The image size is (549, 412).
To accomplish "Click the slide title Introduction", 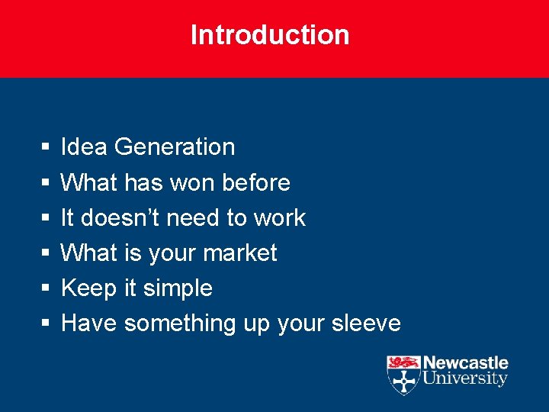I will coord(270,35).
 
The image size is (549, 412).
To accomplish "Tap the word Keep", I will coord(87,288).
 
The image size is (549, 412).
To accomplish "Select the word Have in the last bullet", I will coord(88,323).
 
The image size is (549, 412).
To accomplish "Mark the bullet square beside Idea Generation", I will coord(46,146).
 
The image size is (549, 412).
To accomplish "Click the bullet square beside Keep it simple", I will coord(46,288).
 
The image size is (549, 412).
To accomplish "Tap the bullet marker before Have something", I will coord(46,323).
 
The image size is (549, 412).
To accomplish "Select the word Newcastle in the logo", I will coord(465,363).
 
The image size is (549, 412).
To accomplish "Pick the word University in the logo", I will coord(465,378).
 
